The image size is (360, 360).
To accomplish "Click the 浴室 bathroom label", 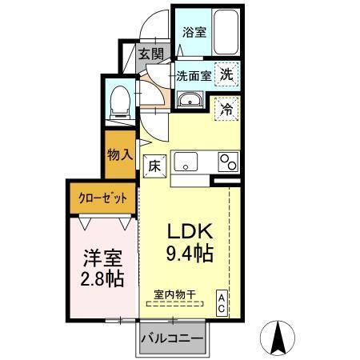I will [x=193, y=33].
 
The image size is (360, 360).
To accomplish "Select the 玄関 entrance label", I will [x=149, y=54].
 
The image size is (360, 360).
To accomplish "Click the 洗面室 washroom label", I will [x=194, y=77].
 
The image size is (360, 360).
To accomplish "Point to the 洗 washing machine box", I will [x=227, y=74].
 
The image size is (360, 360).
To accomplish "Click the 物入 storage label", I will [x=120, y=154].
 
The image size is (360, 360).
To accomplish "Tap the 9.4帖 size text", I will [x=190, y=256].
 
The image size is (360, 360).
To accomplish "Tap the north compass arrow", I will [x=279, y=338].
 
